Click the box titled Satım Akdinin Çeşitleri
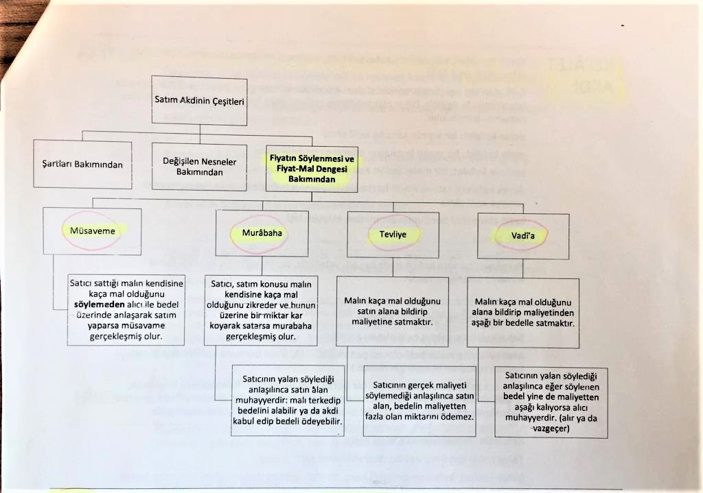[199, 101]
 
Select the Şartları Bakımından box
[82, 165]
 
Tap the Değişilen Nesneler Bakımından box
[198, 167]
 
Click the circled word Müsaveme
[92, 231]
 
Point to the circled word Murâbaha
[262, 233]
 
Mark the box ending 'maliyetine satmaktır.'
[392, 311]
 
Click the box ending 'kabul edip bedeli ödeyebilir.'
[287, 402]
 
